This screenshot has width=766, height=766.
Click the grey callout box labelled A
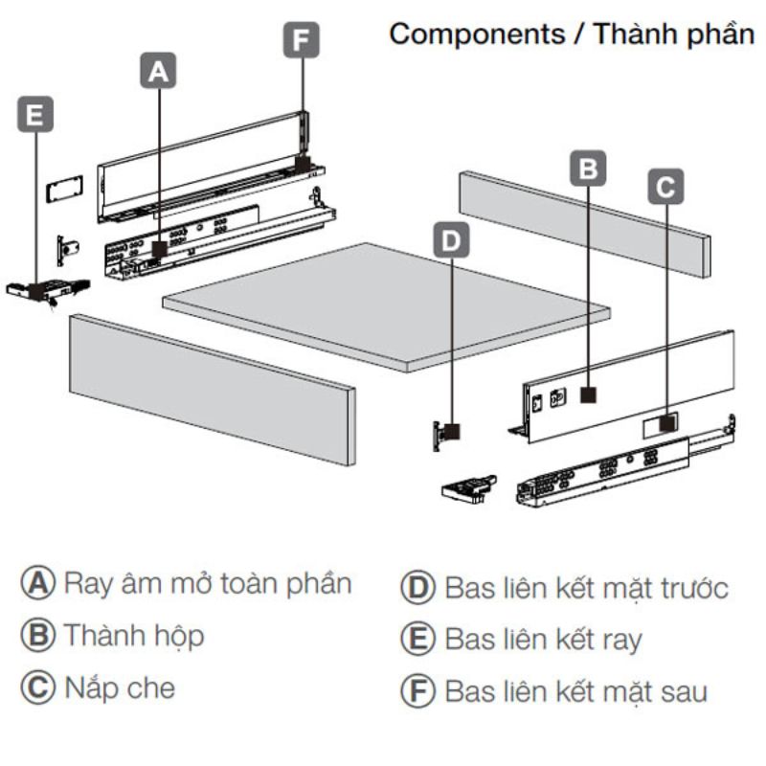159,70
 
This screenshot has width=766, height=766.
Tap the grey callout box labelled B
589,168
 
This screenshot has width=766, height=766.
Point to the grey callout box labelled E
35,115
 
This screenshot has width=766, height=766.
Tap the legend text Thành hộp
134,635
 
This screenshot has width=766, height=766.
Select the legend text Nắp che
120,687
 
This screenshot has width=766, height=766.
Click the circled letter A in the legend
37,583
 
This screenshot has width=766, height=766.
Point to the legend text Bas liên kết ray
543,640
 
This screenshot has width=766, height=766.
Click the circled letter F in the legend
417,691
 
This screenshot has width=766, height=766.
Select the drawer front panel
211,388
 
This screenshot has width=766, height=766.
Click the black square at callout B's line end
589,394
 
